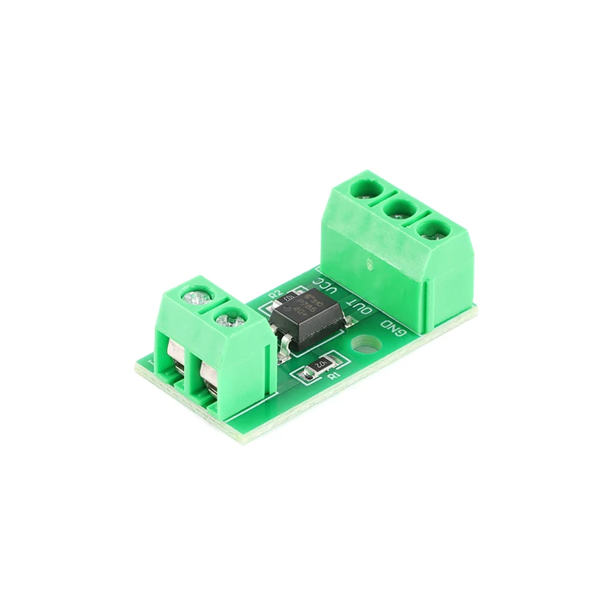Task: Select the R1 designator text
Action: tap(332, 375)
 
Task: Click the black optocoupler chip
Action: tap(307, 316)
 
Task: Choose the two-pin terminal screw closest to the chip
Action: tap(229, 315)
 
